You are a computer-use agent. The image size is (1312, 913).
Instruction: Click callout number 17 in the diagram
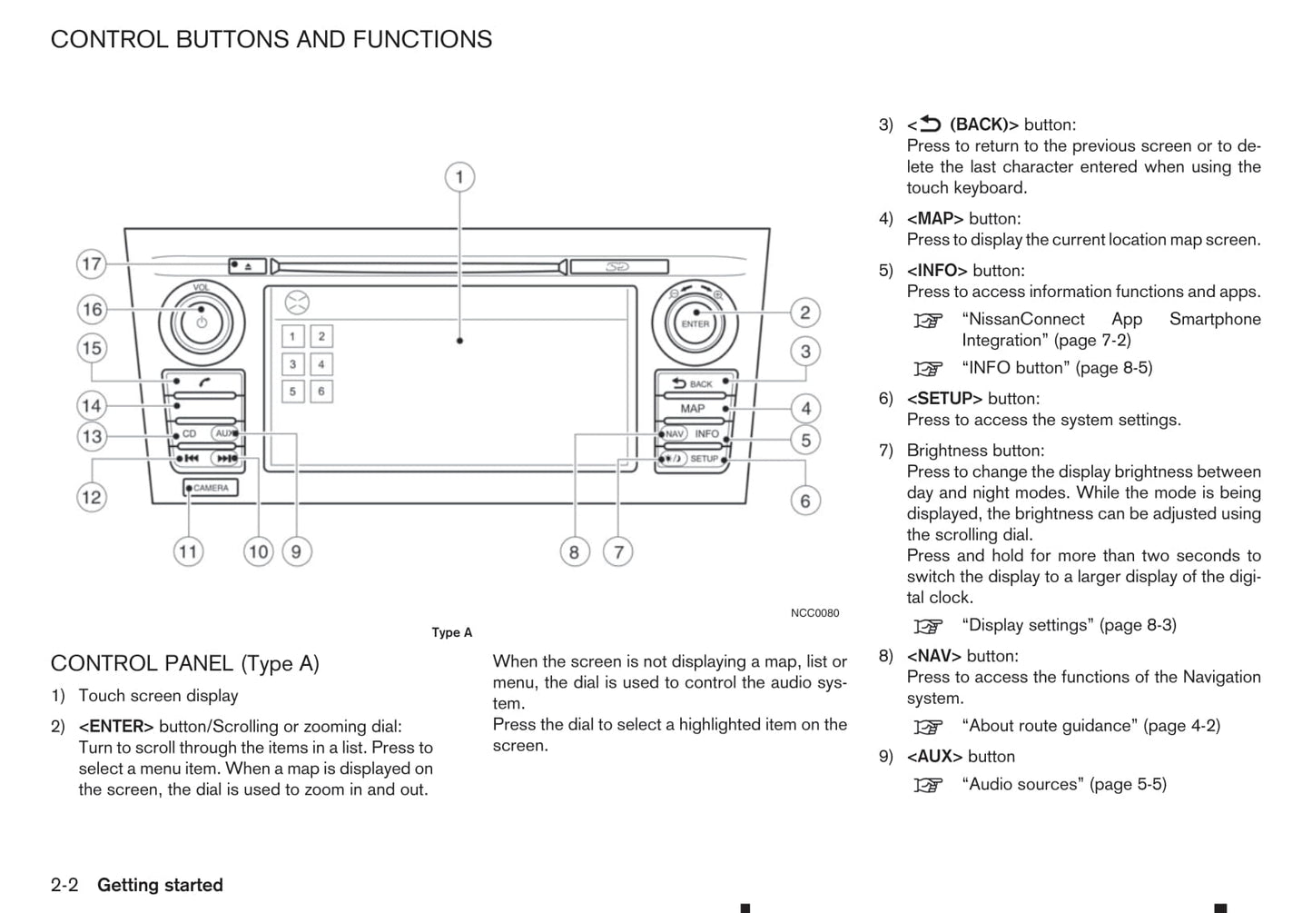92,264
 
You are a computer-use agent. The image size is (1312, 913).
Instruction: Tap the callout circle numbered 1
459,176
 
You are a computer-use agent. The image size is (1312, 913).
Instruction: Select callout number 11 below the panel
188,551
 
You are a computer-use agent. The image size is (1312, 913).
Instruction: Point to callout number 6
804,501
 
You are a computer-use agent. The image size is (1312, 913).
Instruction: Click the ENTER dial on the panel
695,323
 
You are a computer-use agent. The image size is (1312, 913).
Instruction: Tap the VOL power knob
201,322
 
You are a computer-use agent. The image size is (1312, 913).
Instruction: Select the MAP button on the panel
693,409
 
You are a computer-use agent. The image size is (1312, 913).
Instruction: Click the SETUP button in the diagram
705,459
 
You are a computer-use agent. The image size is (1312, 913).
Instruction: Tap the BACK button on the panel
694,383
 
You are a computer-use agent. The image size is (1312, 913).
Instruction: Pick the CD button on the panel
189,434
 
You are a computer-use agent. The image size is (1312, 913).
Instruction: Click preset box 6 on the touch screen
321,392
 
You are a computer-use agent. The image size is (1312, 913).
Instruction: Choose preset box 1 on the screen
292,336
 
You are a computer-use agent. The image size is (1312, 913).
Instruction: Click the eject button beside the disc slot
247,266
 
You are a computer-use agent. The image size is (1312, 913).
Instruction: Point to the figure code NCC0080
814,613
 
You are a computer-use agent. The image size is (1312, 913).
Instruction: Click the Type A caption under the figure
451,632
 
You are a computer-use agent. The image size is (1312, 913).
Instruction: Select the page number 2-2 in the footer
64,885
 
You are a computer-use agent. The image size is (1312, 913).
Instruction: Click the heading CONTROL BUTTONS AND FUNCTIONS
271,39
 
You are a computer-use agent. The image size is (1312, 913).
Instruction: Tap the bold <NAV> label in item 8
933,656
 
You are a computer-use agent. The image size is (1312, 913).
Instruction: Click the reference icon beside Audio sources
928,785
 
